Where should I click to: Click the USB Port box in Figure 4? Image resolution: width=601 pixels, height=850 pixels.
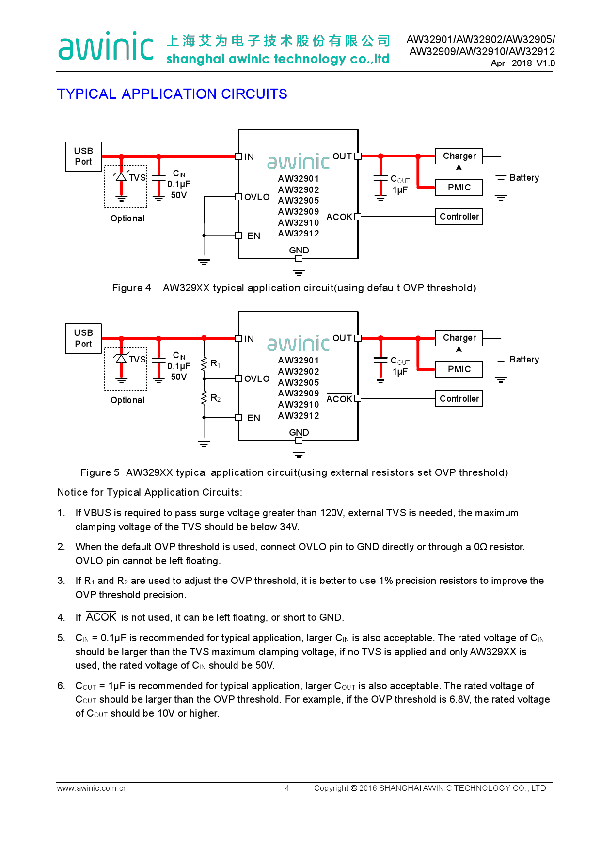(x=83, y=157)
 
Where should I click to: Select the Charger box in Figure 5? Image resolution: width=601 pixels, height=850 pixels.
(x=459, y=338)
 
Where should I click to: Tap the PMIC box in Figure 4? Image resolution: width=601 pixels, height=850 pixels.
(x=459, y=188)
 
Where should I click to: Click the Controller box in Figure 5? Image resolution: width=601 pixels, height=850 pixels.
(x=459, y=399)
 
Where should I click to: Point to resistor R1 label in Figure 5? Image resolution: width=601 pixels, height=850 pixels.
(x=216, y=363)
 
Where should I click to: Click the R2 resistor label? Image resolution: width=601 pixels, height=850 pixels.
(x=216, y=398)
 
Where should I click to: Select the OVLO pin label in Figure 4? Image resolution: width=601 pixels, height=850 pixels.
(x=257, y=197)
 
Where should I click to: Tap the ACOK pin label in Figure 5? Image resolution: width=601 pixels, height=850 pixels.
(x=339, y=399)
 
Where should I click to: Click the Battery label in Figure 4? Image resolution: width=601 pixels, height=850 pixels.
(x=524, y=178)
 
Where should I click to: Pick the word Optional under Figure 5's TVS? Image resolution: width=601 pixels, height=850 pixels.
(x=127, y=400)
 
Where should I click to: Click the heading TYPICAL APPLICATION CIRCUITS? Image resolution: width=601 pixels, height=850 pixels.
(x=172, y=94)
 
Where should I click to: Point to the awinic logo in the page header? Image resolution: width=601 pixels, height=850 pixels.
(x=106, y=47)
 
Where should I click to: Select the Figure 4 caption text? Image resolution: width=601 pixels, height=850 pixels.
(x=294, y=288)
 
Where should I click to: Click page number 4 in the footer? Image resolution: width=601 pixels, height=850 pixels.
(x=287, y=788)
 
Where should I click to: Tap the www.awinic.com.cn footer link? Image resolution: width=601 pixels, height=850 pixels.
(x=92, y=788)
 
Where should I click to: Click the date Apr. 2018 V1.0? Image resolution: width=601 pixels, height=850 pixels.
(x=522, y=63)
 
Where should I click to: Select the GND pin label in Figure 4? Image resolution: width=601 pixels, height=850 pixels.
(x=299, y=250)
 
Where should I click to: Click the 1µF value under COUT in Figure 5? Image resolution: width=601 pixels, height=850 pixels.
(x=400, y=372)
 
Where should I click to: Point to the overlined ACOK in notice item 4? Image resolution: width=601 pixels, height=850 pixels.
(x=101, y=617)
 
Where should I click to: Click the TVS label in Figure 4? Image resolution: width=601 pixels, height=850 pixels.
(x=137, y=178)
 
